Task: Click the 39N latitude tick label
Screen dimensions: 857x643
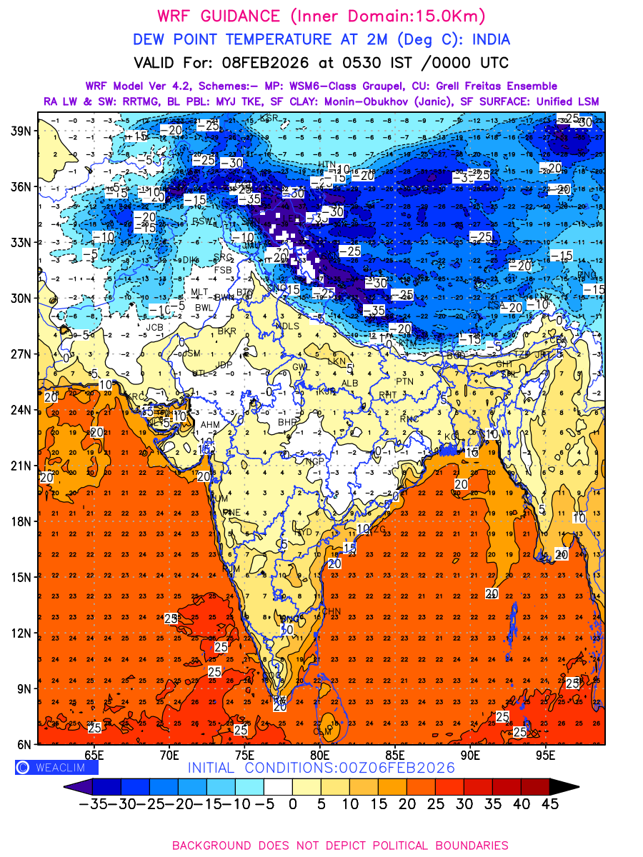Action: [x=21, y=131]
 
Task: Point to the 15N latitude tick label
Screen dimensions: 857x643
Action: [x=21, y=577]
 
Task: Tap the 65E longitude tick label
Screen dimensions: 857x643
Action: [x=94, y=756]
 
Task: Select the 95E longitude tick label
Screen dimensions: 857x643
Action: [x=546, y=756]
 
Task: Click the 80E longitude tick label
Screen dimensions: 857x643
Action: [x=319, y=756]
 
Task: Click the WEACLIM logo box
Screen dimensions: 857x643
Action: [x=56, y=768]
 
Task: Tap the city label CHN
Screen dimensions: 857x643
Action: [x=332, y=611]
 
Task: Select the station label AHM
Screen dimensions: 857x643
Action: [x=210, y=424]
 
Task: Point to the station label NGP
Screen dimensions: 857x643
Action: [x=315, y=461]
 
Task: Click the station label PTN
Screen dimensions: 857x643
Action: [x=405, y=382]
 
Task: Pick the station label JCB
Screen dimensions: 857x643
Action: [x=154, y=328]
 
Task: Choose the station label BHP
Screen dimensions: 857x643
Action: [x=287, y=423]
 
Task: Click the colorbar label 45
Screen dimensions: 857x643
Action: [x=549, y=803]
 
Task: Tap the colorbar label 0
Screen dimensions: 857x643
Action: [x=292, y=803]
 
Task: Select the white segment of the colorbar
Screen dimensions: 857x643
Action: [x=278, y=786]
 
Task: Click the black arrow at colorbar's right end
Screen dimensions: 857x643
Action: [x=564, y=786]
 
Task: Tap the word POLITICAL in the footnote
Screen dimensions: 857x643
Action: [x=364, y=845]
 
